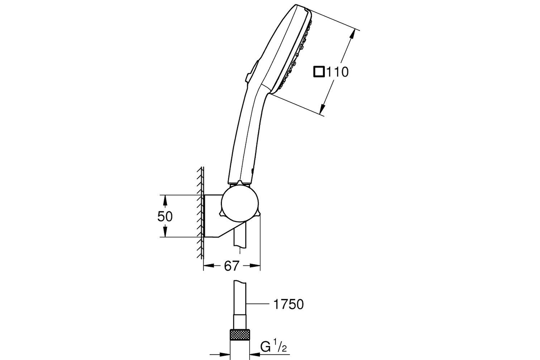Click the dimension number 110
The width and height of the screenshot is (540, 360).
(337, 72)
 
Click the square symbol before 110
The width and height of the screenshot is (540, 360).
(319, 72)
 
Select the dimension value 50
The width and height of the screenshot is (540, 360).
(165, 216)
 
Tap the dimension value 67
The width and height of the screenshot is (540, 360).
(231, 266)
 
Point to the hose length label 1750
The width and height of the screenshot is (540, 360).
(288, 304)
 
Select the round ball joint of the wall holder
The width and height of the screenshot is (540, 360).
(239, 203)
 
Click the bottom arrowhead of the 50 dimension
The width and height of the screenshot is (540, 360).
(165, 232)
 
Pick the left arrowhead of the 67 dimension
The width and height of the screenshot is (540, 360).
(209, 265)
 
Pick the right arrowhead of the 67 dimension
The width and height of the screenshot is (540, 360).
(255, 265)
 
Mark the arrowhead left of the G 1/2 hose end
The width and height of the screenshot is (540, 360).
(225, 354)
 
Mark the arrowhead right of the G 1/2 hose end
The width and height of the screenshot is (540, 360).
(255, 354)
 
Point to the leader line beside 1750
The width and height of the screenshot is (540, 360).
(257, 304)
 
